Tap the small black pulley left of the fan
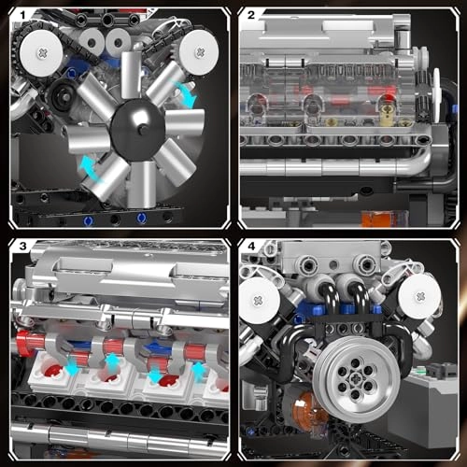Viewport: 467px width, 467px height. (x=62, y=97)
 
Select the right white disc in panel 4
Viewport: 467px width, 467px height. (x=417, y=299)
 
